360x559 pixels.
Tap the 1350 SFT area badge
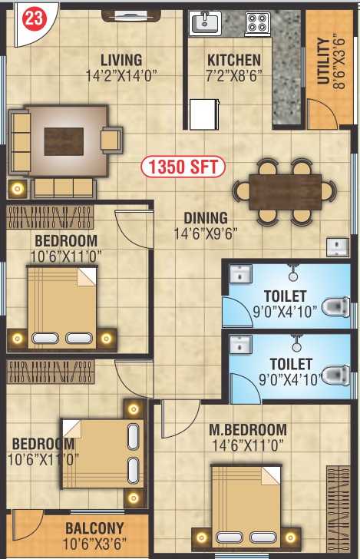coord(183,167)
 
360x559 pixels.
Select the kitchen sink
coord(205,23)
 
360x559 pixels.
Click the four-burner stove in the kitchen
coord(257,23)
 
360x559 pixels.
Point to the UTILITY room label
coord(323,61)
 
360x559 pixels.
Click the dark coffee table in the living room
coord(64,141)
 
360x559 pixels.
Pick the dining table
coord(285,192)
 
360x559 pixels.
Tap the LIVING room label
coord(121,60)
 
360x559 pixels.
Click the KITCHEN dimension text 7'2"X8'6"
coord(234,75)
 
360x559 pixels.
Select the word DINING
coord(206,218)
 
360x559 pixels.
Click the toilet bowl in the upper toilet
coord(335,306)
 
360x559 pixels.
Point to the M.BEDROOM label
coord(248,429)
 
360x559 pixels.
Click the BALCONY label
coord(94,528)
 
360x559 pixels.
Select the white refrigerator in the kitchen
coord(204,114)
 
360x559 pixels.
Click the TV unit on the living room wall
coord(131,15)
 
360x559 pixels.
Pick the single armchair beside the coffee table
coord(111,140)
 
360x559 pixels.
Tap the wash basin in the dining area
coord(337,247)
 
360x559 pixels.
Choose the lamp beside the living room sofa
coord(17,189)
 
